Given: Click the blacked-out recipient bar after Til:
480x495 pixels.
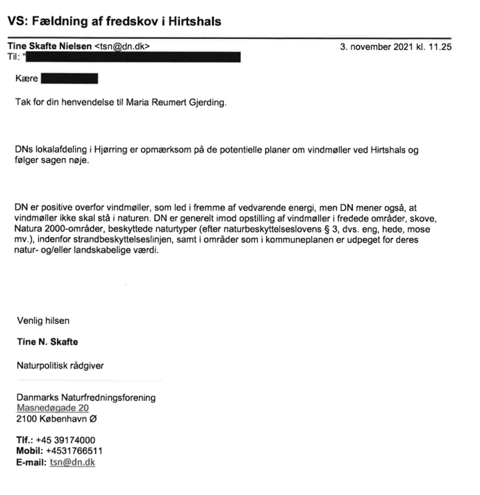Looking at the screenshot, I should click(133, 56).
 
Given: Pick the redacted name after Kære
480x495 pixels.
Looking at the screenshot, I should click(69, 79).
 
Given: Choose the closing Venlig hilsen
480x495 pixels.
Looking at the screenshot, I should click(43, 320).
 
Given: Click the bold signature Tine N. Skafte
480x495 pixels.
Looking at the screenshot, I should click(47, 342).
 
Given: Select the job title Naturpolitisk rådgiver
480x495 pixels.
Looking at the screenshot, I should click(60, 366).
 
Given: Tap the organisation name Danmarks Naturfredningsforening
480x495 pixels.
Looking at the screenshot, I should click(86, 398).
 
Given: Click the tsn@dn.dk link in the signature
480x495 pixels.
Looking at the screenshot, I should click(72, 460).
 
